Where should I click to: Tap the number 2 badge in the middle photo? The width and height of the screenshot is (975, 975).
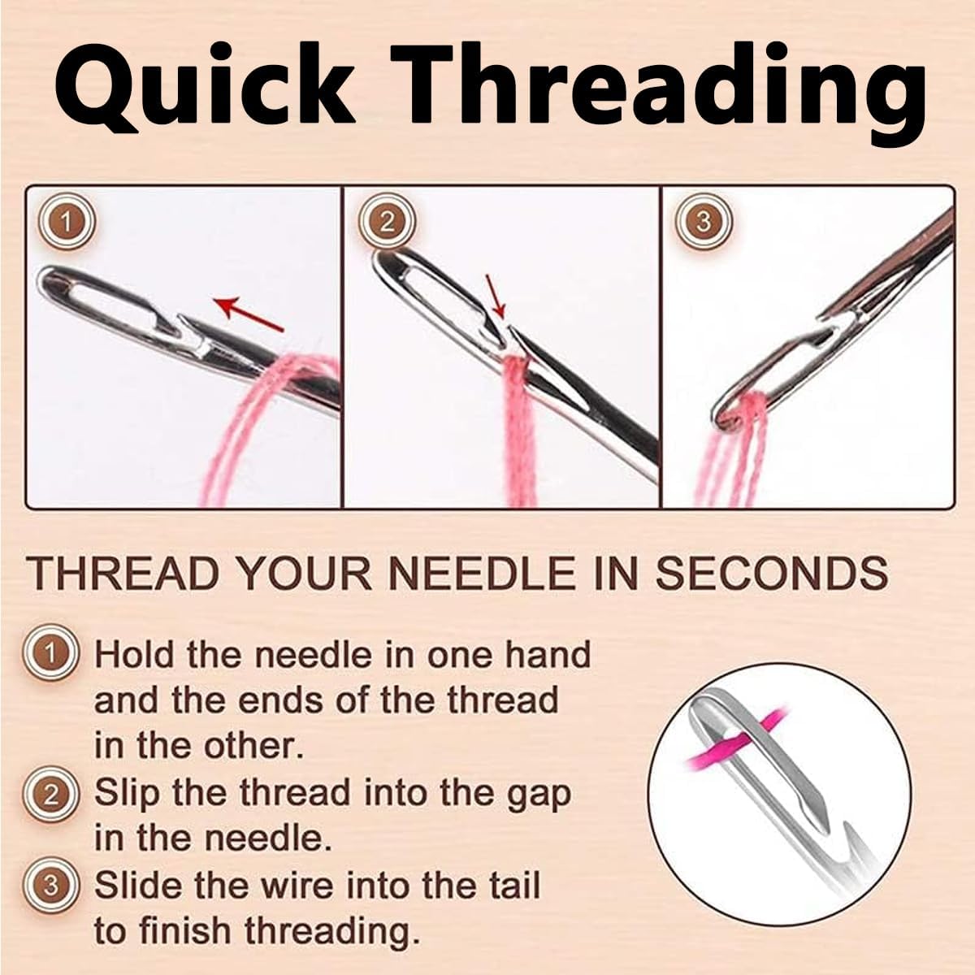click(x=388, y=222)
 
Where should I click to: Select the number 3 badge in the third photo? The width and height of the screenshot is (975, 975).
click(x=704, y=222)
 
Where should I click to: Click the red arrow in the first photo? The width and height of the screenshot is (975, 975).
click(x=250, y=317)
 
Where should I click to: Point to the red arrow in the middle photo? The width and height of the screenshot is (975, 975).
click(x=496, y=296)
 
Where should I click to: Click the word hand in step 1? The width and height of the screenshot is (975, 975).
click(x=548, y=654)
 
